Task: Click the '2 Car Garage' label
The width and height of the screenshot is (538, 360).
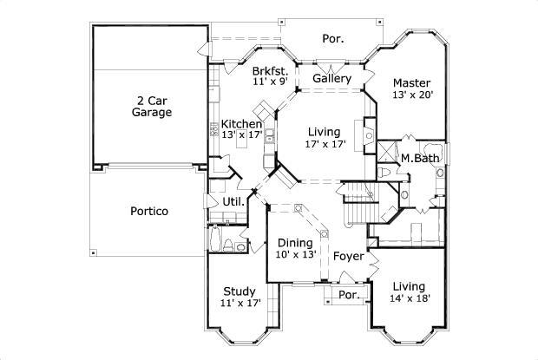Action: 152,106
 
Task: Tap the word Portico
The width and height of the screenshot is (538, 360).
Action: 149,211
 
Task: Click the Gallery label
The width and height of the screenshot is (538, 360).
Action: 331,79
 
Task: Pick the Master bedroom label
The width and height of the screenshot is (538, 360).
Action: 411,83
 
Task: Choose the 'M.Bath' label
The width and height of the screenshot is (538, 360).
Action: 417,158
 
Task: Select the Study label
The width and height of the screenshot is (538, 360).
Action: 239,291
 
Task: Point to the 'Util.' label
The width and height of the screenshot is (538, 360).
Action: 233,202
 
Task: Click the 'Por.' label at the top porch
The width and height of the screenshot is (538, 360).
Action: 333,38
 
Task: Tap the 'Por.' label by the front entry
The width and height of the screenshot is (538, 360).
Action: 349,295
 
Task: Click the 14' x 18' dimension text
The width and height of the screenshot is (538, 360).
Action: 408,299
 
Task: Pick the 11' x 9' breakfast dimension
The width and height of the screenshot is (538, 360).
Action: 270,82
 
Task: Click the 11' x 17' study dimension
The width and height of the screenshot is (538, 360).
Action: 239,304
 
